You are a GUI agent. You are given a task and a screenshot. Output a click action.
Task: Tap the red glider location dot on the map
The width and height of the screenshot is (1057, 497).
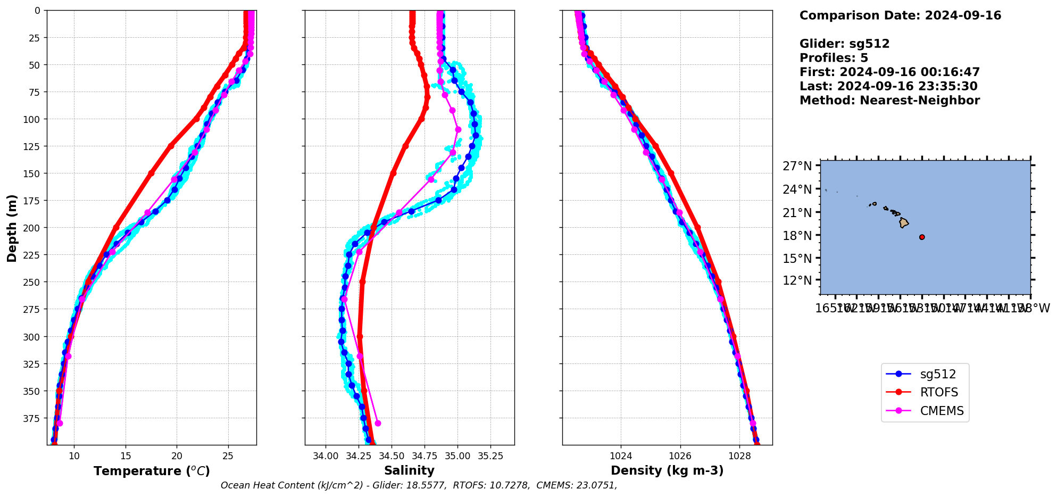(922, 237)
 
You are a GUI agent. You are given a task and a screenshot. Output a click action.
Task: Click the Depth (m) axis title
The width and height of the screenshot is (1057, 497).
(12, 228)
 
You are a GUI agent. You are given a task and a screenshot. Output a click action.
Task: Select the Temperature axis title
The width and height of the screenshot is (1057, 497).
(152, 471)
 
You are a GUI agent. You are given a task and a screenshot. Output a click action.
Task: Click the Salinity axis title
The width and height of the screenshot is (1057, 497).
(409, 471)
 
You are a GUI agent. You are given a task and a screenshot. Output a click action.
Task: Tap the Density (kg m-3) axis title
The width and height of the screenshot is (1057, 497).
(667, 471)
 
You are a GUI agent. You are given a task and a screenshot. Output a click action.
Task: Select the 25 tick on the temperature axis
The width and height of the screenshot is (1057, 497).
(228, 456)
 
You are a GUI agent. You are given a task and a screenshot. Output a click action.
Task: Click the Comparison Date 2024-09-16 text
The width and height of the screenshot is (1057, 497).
(900, 16)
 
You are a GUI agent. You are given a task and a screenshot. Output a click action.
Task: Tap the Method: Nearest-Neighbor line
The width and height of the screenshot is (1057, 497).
(889, 101)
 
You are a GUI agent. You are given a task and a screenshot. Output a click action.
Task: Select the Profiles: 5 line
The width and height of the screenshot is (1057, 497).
(834, 58)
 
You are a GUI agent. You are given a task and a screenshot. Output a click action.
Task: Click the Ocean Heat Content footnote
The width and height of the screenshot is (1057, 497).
(419, 485)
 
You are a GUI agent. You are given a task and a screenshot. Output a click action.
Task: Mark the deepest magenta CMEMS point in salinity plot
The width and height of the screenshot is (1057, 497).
(378, 424)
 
